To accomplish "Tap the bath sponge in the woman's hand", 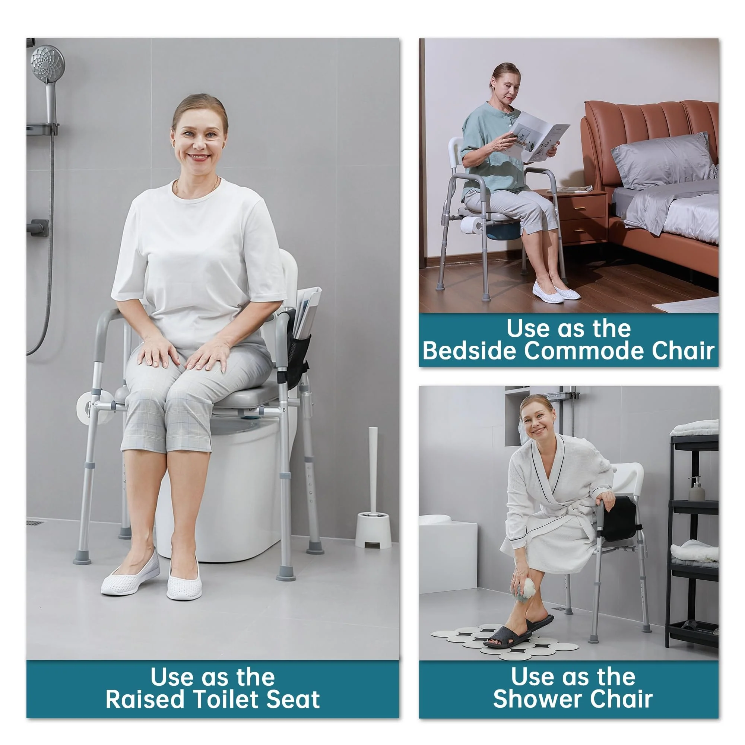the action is point(525,589).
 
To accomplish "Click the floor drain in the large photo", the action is point(35,523).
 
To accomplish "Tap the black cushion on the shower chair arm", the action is point(620,519).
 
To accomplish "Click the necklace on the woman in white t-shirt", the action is point(197,188).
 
